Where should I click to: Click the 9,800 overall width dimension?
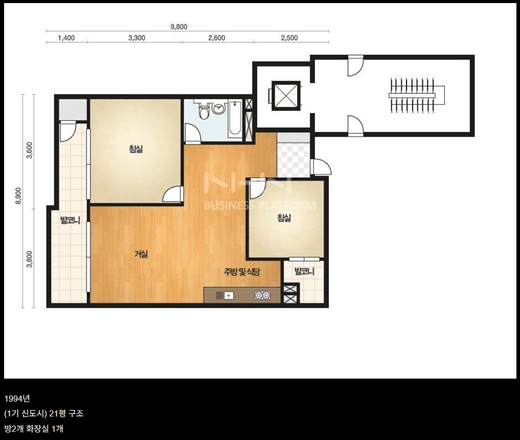click(179, 27)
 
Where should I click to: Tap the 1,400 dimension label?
click(66, 38)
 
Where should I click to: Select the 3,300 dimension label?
click(137, 38)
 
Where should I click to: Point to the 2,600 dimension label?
click(217, 38)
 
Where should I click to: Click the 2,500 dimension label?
click(289, 38)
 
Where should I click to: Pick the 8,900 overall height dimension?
click(18, 196)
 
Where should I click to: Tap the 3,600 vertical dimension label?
click(30, 150)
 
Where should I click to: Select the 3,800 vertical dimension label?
click(30, 259)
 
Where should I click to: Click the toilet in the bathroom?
click(204, 111)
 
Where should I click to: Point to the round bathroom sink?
click(218, 108)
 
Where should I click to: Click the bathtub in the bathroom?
click(235, 119)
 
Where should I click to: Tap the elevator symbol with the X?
click(286, 96)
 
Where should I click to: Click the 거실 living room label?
click(141, 254)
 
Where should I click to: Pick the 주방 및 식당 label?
click(242, 272)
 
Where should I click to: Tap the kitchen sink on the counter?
click(225, 295)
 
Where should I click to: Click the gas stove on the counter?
click(262, 295)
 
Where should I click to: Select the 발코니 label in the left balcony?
click(70, 220)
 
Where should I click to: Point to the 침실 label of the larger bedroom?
click(135, 149)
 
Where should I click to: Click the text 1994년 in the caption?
click(17, 399)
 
